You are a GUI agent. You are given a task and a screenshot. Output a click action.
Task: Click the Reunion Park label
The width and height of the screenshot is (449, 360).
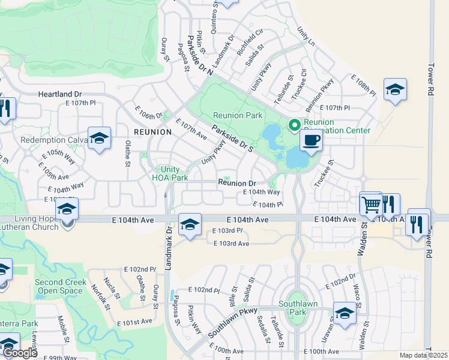[x=237, y=115]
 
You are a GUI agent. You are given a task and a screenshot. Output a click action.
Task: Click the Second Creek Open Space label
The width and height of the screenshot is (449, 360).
[x=58, y=286]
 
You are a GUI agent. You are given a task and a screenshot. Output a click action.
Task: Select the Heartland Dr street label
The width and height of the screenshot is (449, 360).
[x=59, y=95]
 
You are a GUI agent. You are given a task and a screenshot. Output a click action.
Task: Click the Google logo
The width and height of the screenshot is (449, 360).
[x=20, y=353]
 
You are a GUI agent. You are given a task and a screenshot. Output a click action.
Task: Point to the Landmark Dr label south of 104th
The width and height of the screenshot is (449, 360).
[x=169, y=244]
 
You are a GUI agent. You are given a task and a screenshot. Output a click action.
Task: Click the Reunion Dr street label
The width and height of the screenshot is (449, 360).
[x=237, y=183]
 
